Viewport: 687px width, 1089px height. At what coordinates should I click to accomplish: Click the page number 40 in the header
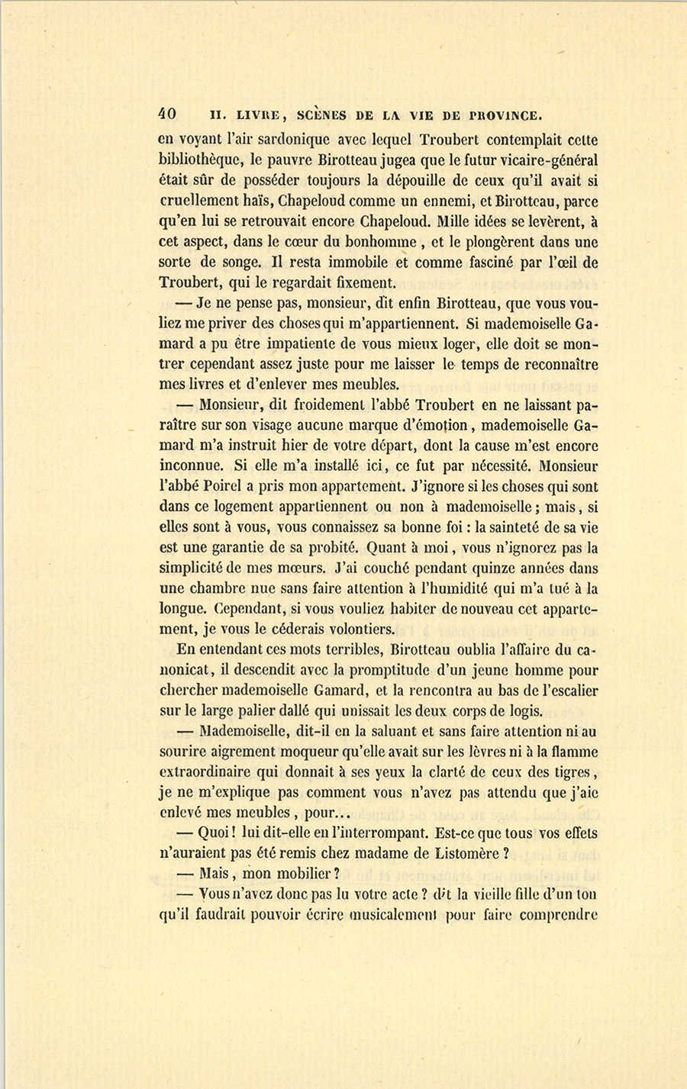[167, 114]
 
